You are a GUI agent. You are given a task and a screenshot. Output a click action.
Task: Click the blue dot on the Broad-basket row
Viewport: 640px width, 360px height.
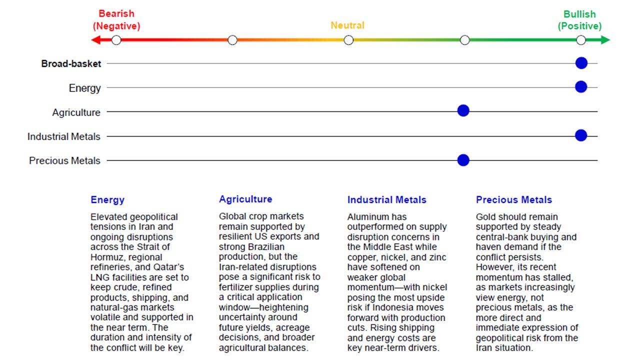[580, 63]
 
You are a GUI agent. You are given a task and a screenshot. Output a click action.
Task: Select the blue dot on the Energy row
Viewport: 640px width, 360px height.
[580, 87]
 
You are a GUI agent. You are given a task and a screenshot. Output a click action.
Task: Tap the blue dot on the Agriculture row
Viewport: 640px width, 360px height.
[463, 111]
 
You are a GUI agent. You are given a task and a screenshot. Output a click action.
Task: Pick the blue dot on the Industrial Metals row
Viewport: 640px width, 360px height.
[580, 135]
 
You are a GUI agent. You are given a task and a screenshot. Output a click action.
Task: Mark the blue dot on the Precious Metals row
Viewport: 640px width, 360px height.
[463, 160]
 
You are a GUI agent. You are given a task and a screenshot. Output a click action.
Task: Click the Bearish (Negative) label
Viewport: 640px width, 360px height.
[116, 20]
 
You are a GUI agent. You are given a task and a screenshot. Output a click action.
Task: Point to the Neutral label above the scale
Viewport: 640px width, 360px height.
[347, 25]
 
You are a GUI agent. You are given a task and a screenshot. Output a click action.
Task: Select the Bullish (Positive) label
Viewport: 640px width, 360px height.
[579, 20]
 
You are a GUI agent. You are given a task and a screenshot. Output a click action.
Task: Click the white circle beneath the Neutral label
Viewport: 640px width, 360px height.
[348, 40]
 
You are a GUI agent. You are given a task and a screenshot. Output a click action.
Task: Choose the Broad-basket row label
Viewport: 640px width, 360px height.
[71, 63]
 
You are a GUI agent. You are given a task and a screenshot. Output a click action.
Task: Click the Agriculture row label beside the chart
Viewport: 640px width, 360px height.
[76, 112]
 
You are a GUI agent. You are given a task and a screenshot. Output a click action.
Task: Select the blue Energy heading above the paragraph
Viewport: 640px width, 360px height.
[107, 200]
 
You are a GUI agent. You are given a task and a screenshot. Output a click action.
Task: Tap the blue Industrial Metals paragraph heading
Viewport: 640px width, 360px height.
[386, 200]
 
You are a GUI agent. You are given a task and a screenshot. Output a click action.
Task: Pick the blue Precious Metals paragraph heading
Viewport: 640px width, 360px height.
[513, 200]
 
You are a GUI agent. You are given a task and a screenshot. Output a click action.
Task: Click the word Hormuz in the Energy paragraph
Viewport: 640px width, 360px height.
[106, 257]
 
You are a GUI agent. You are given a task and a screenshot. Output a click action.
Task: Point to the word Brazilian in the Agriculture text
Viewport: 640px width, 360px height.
[266, 246]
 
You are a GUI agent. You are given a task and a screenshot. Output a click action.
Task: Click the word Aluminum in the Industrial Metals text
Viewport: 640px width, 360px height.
[370, 217]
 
